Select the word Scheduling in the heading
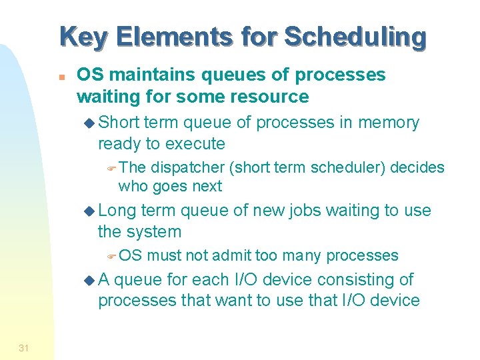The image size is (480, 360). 355,37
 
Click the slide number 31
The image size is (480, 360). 23,348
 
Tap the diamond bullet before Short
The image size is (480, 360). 91,123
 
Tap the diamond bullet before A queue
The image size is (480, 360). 91,281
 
